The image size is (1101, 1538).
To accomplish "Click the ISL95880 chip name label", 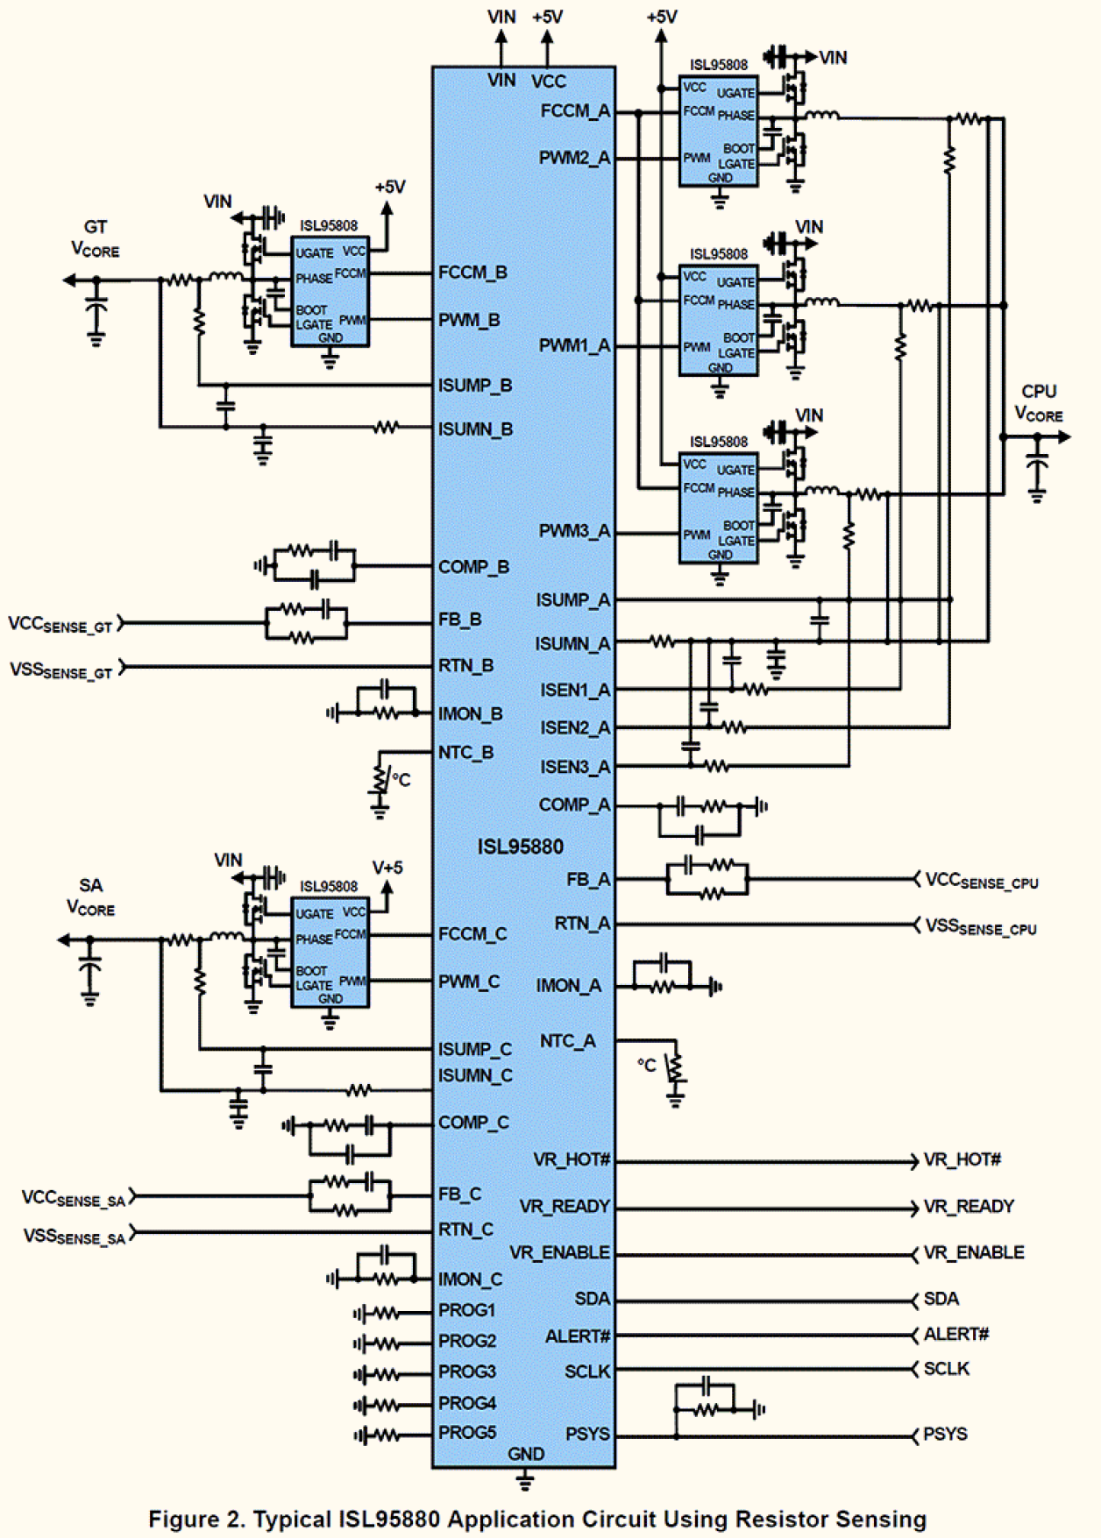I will [x=520, y=847].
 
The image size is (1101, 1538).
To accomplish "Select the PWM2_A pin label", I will [x=574, y=158].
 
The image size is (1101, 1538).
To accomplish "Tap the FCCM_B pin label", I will [x=472, y=273].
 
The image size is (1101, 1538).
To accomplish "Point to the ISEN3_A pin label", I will [x=574, y=767].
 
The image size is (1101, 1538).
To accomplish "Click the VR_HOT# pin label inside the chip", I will [x=571, y=1159].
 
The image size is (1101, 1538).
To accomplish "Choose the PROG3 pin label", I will [x=467, y=1371].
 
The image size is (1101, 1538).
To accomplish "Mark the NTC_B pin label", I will [x=465, y=753].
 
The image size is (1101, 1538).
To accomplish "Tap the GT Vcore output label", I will [x=95, y=238].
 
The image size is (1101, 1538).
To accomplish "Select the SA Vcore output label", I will [x=90, y=897].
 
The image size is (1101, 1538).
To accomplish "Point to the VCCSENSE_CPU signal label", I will [x=981, y=880].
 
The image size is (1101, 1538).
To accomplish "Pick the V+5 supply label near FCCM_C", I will [x=387, y=868].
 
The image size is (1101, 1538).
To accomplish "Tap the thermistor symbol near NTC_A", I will [x=675, y=1069].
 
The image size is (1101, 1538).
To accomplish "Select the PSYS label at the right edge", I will [x=945, y=1435].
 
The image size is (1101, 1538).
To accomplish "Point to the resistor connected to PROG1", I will [x=386, y=1313].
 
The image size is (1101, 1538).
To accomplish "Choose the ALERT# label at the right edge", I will [x=955, y=1335].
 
